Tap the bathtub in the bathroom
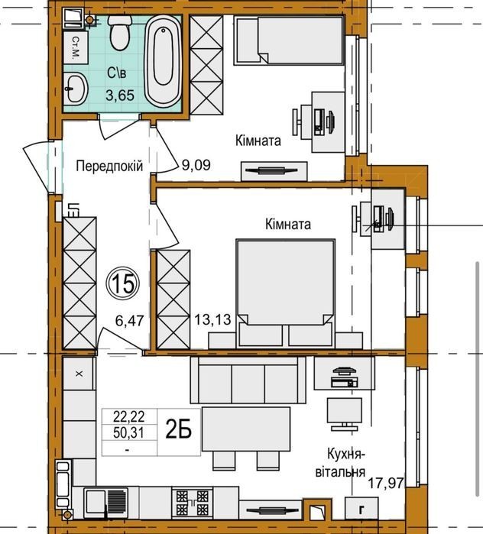coord(163,60)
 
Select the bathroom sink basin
coord(75,88)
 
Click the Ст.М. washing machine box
coord(76,47)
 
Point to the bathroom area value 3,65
coord(120,95)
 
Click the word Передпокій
coord(110,167)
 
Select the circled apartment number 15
coord(122,283)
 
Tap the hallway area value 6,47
coord(130,321)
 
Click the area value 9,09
coord(196,165)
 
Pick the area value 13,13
coord(213,320)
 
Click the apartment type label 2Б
coord(179,430)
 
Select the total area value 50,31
coord(129,433)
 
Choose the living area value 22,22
coord(129,416)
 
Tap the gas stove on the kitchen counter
coord(193,502)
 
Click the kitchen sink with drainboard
coord(106,502)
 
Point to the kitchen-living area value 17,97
coord(386,482)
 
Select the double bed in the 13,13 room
coord(285,293)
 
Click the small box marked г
coord(361,509)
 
